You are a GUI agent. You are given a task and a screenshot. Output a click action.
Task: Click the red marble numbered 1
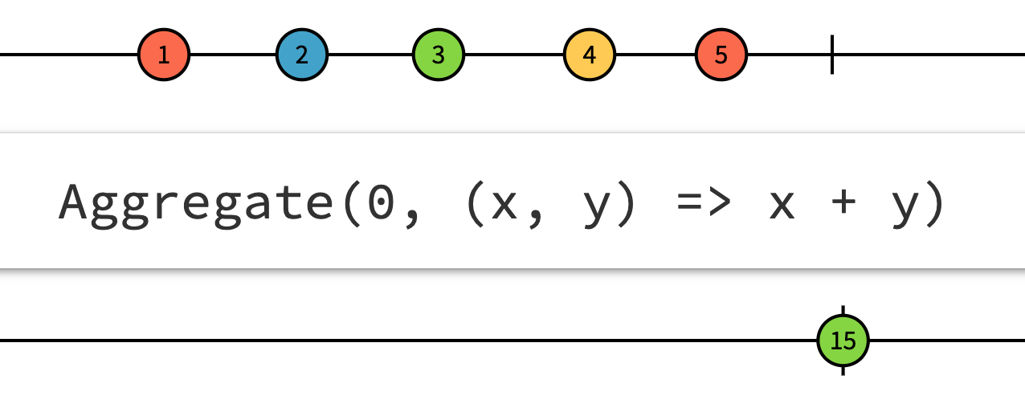(x=164, y=55)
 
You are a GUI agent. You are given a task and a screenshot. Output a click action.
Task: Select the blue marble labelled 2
(x=301, y=55)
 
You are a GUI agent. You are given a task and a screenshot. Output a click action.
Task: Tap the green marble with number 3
(x=438, y=55)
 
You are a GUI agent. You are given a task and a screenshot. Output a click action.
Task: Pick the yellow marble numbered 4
(x=590, y=55)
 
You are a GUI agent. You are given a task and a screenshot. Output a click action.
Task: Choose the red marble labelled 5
(x=721, y=55)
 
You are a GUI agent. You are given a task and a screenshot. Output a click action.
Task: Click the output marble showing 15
(x=843, y=341)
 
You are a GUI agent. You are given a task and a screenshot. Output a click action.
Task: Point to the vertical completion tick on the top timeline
(x=832, y=55)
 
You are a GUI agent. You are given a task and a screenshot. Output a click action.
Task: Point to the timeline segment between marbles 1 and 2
(x=233, y=55)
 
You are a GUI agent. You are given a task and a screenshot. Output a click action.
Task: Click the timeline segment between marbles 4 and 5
(x=655, y=55)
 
